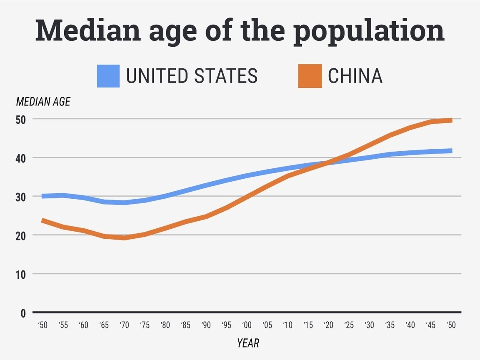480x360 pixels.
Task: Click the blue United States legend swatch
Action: [x=108, y=76]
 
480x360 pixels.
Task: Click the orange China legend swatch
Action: [x=310, y=76]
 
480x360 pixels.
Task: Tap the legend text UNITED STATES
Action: [x=192, y=76]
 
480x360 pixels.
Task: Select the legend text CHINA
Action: [x=355, y=76]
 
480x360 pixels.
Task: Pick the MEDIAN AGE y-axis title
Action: [x=43, y=101]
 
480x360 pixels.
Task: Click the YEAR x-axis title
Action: [x=248, y=343]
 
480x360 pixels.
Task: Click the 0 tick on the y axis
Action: [x=23, y=313]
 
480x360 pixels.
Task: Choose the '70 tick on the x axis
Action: [x=124, y=325]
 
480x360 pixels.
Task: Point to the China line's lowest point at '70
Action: [x=124, y=238]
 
